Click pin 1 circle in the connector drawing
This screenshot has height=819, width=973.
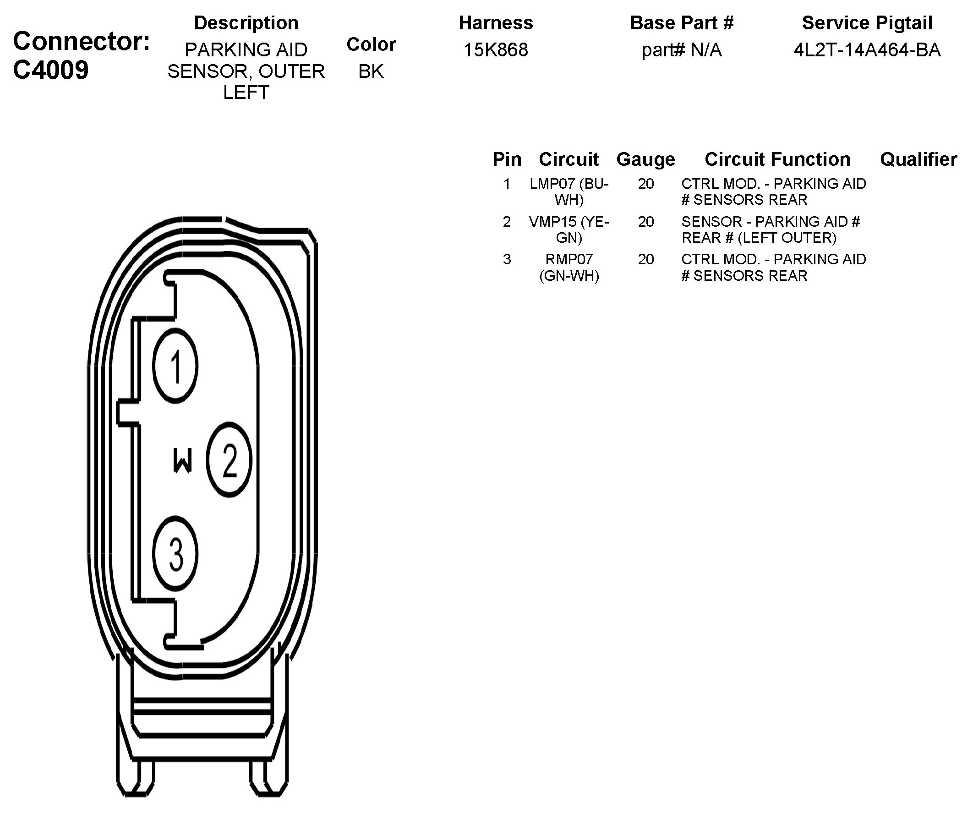pos(175,366)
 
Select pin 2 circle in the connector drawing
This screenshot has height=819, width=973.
pos(229,460)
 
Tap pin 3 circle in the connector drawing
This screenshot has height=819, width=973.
pos(175,553)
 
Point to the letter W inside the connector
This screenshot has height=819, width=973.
pos(182,460)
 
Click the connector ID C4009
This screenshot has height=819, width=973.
pos(50,70)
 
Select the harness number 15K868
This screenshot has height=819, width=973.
pos(496,49)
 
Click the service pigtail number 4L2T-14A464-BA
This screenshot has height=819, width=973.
pos(867,49)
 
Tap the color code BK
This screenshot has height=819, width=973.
pos(371,71)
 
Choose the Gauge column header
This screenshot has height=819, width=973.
pos(645,159)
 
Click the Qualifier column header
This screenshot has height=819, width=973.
pos(918,159)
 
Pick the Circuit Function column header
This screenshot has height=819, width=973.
pos(777,159)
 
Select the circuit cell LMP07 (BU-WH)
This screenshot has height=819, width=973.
pos(568,191)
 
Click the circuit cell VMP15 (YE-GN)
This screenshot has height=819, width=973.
pos(568,229)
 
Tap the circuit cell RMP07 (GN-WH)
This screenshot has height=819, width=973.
pos(568,267)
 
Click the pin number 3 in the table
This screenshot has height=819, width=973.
pos(507,259)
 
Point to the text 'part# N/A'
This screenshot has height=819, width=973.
pos(681,49)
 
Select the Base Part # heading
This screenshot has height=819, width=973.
pos(681,23)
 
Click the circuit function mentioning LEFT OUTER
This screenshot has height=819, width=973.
pos(771,229)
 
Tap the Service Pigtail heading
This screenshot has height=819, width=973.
pos(867,23)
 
